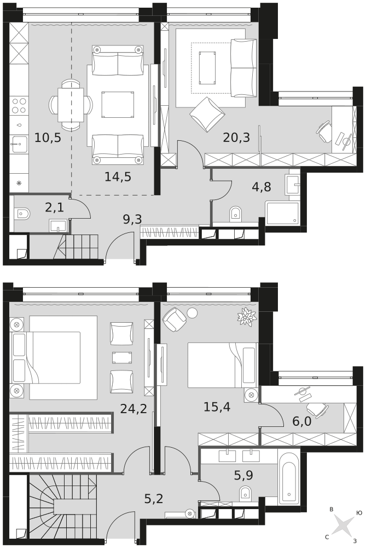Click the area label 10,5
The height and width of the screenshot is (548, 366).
[48, 138]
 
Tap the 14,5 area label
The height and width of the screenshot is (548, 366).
[118, 177]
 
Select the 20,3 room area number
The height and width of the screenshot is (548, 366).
[236, 138]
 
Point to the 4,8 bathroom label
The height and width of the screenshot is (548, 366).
[262, 187]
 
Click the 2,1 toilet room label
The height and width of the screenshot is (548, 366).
[55, 208]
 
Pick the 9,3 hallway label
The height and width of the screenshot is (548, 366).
[132, 220]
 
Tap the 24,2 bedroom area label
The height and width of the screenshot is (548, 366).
[133, 408]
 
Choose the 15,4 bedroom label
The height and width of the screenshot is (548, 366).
[217, 407]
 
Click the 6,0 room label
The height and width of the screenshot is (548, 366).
[302, 421]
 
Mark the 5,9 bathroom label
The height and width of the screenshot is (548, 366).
[243, 475]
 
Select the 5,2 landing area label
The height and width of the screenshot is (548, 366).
[154, 499]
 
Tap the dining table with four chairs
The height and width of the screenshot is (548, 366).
[71, 105]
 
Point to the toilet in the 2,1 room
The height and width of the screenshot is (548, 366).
[22, 214]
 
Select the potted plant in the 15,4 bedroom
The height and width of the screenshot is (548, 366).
[247, 317]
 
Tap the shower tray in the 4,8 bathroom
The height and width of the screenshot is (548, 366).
[282, 213]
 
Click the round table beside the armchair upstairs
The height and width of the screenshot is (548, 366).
[192, 313]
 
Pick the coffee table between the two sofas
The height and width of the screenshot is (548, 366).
[118, 104]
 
